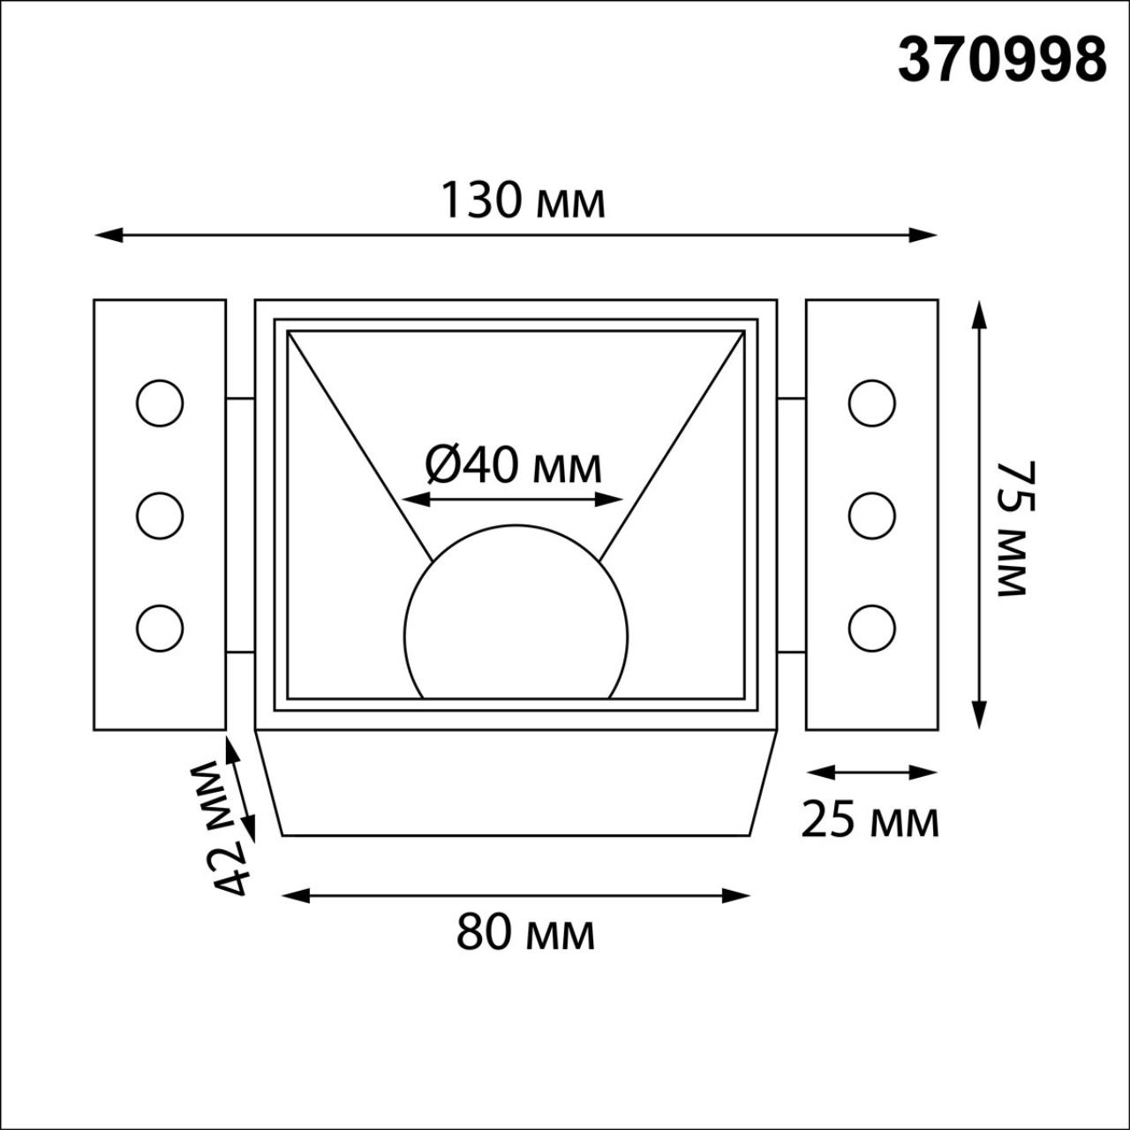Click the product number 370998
pyautogui.click(x=1002, y=60)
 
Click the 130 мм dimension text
pyautogui.click(x=523, y=200)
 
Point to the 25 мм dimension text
pyautogui.click(x=870, y=821)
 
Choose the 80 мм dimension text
pyautogui.click(x=525, y=932)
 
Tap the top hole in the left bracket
pyautogui.click(x=160, y=403)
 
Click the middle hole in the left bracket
pyautogui.click(x=160, y=516)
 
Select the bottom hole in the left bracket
pyautogui.click(x=160, y=628)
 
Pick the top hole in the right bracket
pyautogui.click(x=871, y=403)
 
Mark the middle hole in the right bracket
pyautogui.click(x=871, y=516)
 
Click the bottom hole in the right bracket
pyautogui.click(x=871, y=628)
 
